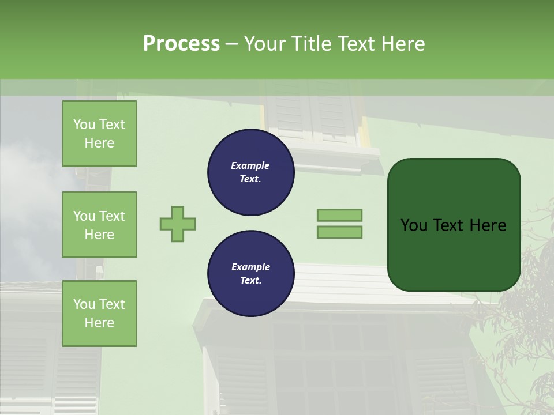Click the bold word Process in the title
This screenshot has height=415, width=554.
(181, 44)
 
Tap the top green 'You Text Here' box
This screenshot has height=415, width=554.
(99, 134)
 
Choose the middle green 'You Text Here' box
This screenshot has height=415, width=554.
(99, 225)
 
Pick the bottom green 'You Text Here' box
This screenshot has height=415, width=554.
(99, 313)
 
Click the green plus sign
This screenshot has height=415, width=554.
(178, 224)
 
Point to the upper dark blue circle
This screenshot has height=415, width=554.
(251, 172)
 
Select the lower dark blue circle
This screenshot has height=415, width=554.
(251, 274)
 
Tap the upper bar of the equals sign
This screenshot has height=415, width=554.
(339, 215)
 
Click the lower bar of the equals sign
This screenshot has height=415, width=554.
(339, 232)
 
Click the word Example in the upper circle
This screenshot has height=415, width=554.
(250, 165)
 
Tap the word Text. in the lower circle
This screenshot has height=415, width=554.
(250, 281)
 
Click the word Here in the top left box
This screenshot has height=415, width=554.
(99, 143)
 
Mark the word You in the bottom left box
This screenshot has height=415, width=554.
(84, 304)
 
